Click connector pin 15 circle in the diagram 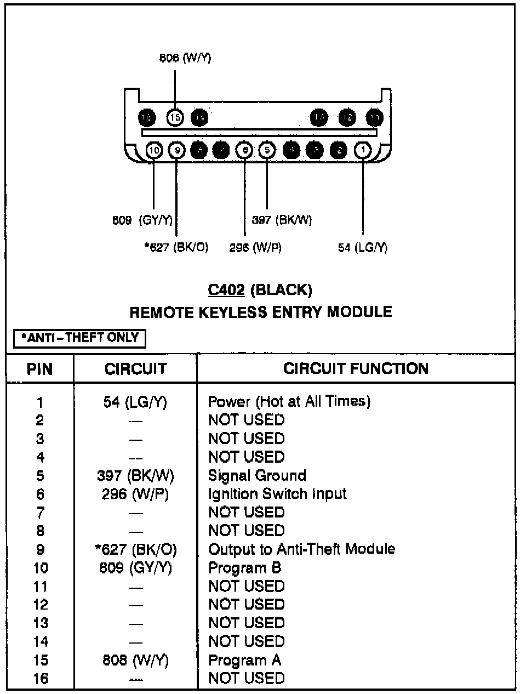(x=175, y=117)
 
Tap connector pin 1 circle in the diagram (x=363, y=150)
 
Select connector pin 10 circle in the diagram (x=154, y=150)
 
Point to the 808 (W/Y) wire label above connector (x=185, y=58)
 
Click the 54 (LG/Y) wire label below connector (x=363, y=247)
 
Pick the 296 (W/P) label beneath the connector (x=255, y=247)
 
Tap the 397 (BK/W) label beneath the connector (x=282, y=220)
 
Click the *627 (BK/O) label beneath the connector (x=176, y=247)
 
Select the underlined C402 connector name (x=226, y=289)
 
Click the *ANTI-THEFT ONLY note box (x=80, y=338)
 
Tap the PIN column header (x=40, y=369)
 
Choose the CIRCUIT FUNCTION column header (x=356, y=368)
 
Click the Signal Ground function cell (x=257, y=475)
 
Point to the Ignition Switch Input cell (x=277, y=493)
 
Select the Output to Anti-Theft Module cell (x=302, y=549)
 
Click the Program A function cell (x=244, y=660)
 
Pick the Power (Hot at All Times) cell (x=289, y=401)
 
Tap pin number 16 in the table (x=41, y=679)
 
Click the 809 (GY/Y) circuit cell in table (x=135, y=567)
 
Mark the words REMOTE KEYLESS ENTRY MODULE (x=261, y=312)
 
